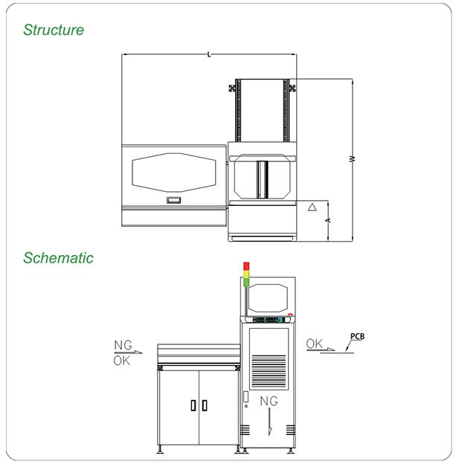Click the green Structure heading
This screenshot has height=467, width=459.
click(54, 30)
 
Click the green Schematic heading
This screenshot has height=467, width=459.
click(58, 258)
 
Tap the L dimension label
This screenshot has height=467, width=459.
click(209, 54)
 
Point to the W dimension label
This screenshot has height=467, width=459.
click(353, 158)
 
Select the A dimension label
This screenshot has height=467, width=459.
click(328, 220)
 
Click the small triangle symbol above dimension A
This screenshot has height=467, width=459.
click(312, 207)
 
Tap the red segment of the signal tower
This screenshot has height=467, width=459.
click(246, 266)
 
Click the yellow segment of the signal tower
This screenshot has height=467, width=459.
click(246, 274)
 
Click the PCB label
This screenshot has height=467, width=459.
click(357, 336)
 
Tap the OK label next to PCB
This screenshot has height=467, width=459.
click(314, 344)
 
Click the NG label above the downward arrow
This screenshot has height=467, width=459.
click(269, 401)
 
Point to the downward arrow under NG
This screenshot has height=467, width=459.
click(270, 422)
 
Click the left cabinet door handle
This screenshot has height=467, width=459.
click(193, 405)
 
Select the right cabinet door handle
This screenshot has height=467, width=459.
click(205, 405)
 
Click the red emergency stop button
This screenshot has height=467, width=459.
click(290, 315)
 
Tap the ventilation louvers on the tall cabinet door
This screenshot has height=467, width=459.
click(269, 370)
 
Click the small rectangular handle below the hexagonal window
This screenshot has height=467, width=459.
click(173, 200)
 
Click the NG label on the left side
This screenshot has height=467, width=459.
click(123, 345)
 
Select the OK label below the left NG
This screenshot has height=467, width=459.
click(121, 361)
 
